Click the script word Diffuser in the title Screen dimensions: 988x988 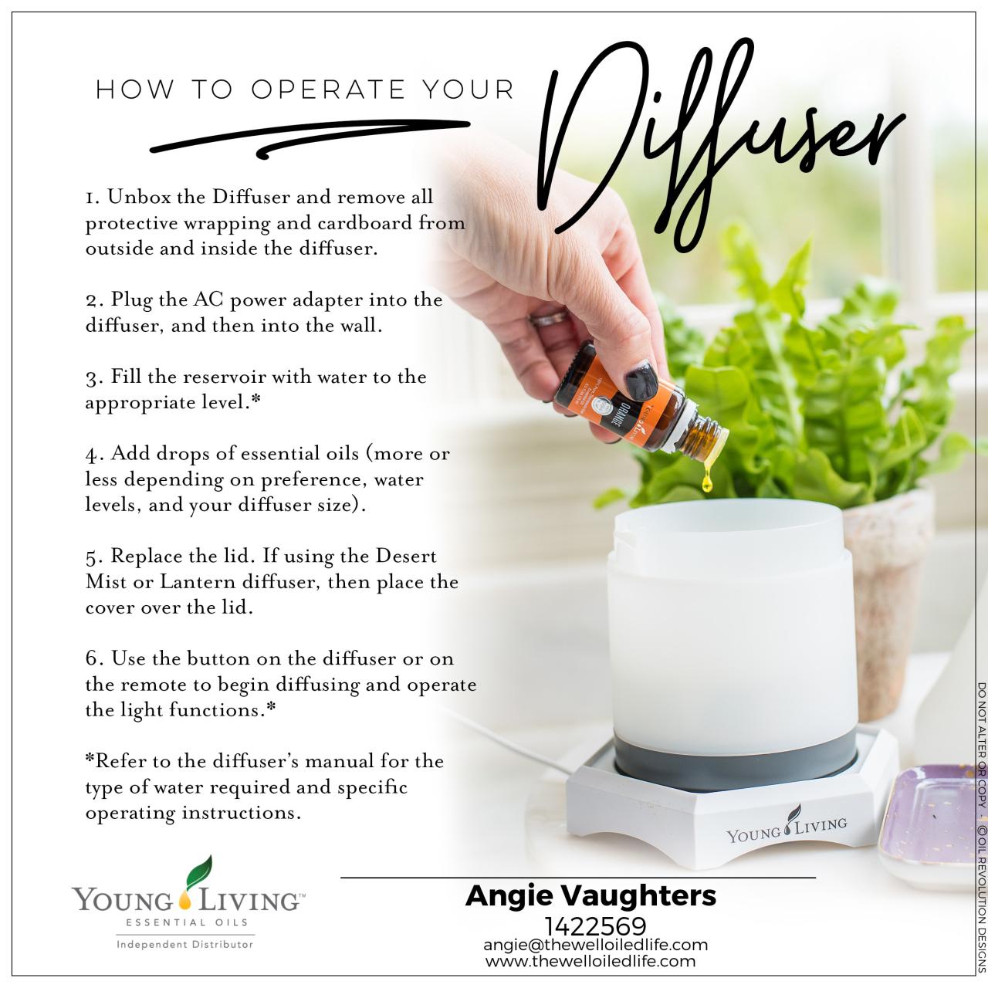coord(718,139)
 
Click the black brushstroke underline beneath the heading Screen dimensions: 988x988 coord(309,139)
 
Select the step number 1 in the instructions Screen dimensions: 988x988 coord(91,198)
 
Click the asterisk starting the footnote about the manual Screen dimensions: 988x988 coord(90,760)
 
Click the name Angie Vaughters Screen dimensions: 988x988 coord(590,896)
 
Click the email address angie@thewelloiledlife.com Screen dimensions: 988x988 coord(595,945)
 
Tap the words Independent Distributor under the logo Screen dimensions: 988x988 coord(184,944)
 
